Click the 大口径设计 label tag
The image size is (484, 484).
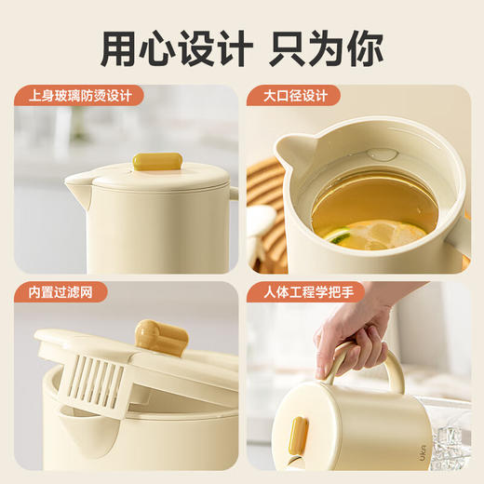pyautogui.click(x=293, y=96)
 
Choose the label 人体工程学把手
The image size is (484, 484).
pyautogui.click(x=304, y=292)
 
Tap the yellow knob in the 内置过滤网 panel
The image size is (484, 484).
pyautogui.click(x=150, y=336)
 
